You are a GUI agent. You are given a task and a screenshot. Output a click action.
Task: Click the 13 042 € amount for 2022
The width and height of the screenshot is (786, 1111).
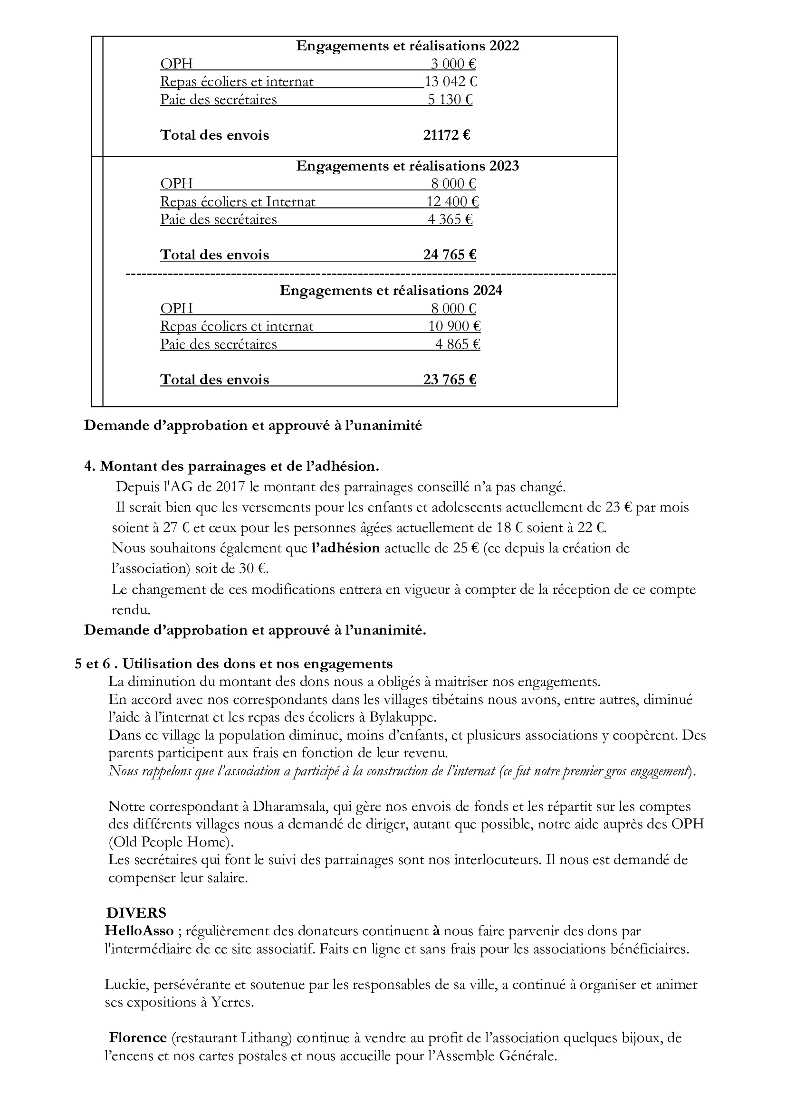click(451, 82)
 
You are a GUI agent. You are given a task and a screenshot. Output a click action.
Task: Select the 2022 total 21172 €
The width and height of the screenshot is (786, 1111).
click(446, 135)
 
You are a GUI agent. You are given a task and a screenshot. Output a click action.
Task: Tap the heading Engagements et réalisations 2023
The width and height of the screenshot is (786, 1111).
click(408, 166)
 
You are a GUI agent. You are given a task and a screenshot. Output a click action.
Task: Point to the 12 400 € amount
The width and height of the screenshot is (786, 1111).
click(452, 202)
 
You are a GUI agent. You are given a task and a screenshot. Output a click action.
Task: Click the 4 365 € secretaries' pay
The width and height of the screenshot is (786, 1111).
click(450, 220)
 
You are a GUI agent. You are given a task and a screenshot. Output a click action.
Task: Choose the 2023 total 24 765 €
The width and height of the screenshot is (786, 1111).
click(449, 255)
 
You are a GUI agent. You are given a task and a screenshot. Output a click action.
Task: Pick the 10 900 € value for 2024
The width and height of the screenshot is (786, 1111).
click(454, 327)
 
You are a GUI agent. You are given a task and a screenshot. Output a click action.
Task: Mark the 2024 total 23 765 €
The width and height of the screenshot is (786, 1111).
click(449, 380)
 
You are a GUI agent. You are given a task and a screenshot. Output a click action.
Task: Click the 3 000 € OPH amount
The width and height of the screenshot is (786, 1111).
click(453, 64)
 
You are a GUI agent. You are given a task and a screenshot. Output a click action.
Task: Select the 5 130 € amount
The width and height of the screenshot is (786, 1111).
click(450, 100)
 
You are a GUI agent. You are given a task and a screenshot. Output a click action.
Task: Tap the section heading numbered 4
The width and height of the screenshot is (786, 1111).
click(231, 466)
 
